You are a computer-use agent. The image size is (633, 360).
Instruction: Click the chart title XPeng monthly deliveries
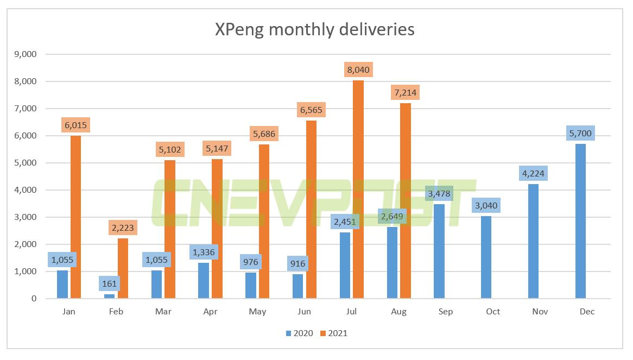coord(314,29)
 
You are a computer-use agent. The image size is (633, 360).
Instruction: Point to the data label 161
coord(110,283)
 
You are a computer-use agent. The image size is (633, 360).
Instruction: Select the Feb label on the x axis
coord(116,312)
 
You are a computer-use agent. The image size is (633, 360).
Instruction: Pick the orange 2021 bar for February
coord(123,268)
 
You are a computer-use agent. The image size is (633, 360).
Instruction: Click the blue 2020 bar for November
coord(533,241)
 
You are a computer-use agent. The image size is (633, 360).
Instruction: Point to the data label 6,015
coord(75,125)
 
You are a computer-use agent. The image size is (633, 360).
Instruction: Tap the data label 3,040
coord(486,206)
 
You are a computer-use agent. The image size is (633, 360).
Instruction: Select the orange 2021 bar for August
coord(405,200)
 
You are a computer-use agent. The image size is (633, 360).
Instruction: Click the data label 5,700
coord(580,133)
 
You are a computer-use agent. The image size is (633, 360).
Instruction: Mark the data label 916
coord(297,264)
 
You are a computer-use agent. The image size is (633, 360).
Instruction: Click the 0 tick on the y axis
coord(34,299)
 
